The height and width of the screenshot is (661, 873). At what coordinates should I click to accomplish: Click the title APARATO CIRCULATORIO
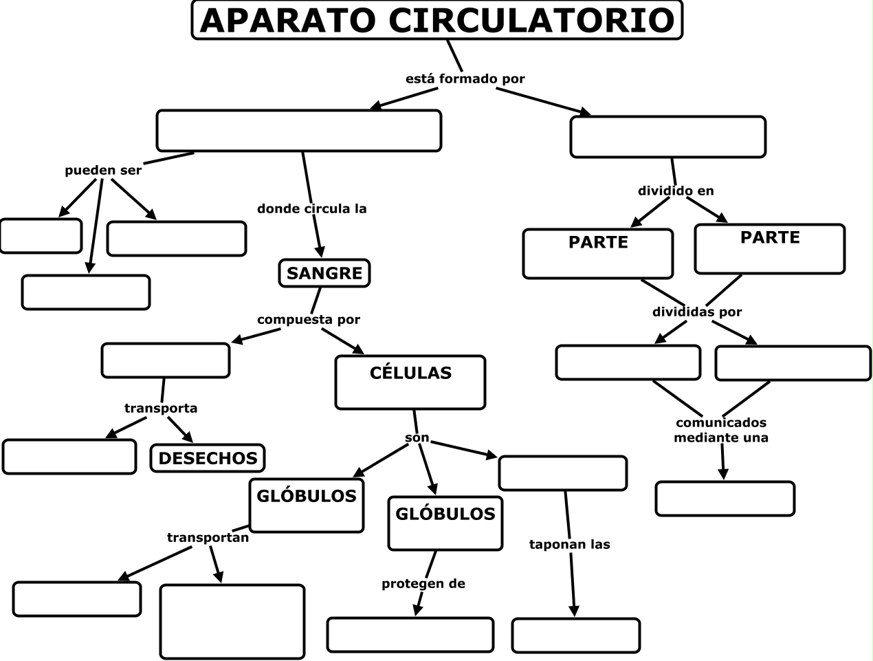(x=436, y=20)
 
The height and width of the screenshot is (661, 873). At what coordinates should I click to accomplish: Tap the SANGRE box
(x=324, y=273)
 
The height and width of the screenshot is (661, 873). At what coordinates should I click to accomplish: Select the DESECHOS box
(x=208, y=458)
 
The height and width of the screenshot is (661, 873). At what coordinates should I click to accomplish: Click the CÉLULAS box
(x=410, y=382)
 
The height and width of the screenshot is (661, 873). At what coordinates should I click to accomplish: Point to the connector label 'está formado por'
(x=465, y=79)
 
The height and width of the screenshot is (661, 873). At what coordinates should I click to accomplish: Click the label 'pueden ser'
(x=103, y=171)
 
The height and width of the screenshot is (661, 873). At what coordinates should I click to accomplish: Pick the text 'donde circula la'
(x=311, y=208)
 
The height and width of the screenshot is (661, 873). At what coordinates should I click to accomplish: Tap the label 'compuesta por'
(x=309, y=320)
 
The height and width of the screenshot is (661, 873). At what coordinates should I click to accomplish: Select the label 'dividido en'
(x=676, y=191)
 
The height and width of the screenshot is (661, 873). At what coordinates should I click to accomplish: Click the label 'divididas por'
(x=697, y=312)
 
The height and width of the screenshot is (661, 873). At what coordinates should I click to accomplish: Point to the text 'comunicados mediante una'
(x=721, y=430)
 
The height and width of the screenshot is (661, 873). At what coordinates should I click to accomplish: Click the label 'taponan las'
(x=570, y=545)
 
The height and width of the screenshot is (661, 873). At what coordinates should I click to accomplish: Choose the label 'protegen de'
(x=423, y=584)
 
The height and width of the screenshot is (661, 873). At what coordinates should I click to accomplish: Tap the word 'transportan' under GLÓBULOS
(x=208, y=538)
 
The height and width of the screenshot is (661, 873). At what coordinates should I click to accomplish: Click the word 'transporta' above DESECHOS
(x=161, y=409)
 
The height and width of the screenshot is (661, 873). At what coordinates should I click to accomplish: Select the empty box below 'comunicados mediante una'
(x=725, y=499)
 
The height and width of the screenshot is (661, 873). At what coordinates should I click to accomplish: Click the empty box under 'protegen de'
(x=410, y=634)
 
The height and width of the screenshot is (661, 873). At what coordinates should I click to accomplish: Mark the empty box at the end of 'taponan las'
(x=576, y=635)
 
